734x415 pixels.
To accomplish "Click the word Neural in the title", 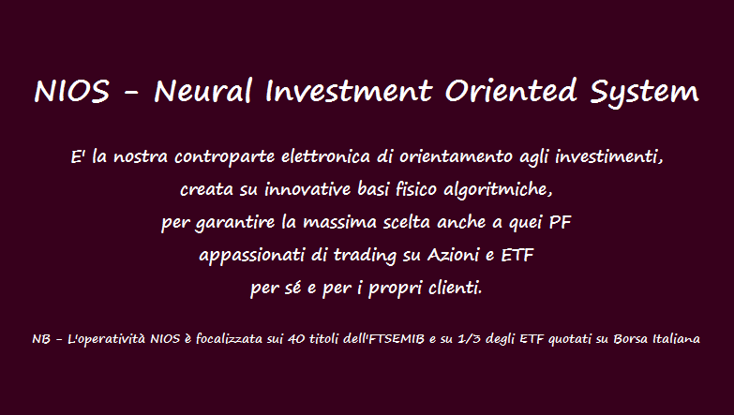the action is pyautogui.click(x=203, y=90).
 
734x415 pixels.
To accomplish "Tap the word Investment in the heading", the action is pyautogui.click(x=349, y=90).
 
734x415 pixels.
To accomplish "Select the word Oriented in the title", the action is pyautogui.click(x=510, y=90).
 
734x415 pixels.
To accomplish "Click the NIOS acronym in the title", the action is pyautogui.click(x=71, y=91).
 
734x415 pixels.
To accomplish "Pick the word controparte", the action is pyautogui.click(x=224, y=157).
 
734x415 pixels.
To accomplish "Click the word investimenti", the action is pyautogui.click(x=608, y=156).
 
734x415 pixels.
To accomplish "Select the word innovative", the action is pyautogui.click(x=307, y=189).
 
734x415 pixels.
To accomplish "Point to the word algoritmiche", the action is pyautogui.click(x=498, y=189).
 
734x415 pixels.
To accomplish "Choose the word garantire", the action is pyautogui.click(x=235, y=223).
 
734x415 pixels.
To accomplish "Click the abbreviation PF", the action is pyautogui.click(x=560, y=222).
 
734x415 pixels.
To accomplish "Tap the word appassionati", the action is pyautogui.click(x=252, y=256).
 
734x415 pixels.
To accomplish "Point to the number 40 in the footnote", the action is pyautogui.click(x=296, y=338).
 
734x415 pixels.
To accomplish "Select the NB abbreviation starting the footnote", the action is pyautogui.click(x=40, y=339).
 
